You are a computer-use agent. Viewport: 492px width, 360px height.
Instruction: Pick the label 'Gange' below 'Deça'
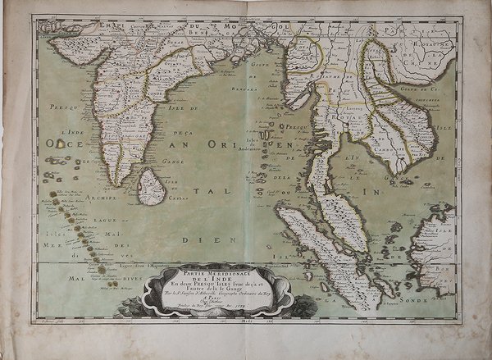pos(173,161)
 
